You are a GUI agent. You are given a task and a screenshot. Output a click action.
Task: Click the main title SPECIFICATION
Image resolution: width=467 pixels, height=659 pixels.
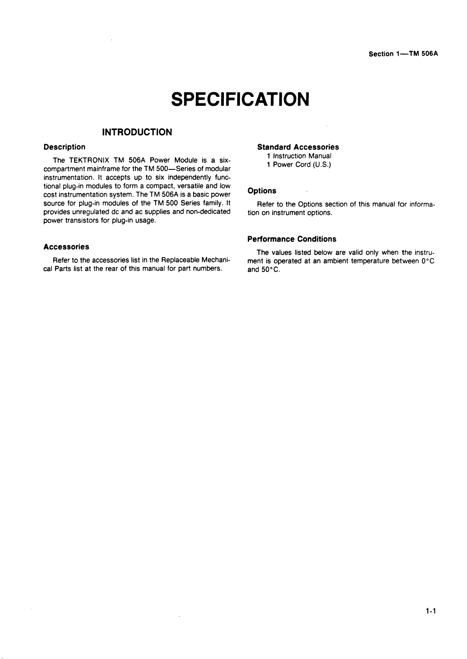pos(240,99)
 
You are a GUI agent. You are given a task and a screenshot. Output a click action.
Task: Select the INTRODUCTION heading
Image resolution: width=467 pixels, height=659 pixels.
pos(137,132)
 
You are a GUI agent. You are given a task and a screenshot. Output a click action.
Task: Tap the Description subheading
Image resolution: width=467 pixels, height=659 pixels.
pos(64,147)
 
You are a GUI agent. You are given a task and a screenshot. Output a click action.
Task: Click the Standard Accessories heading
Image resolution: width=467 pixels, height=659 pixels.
pos(298,147)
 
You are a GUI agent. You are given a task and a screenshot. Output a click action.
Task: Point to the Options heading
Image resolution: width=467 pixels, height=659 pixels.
pos(262,191)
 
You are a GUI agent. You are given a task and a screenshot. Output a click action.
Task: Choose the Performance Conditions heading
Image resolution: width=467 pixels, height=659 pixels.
pos(292,239)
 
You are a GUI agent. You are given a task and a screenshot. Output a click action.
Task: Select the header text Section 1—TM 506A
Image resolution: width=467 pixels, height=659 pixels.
pos(403,54)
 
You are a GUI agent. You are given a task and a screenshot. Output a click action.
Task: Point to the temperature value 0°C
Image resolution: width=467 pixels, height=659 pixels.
pos(428,261)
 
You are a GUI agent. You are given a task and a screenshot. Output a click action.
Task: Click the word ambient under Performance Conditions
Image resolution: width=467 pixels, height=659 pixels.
pos(335,261)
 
